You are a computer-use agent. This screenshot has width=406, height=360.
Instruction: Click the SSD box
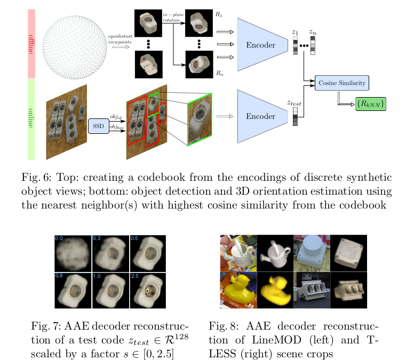pyautogui.click(x=98, y=126)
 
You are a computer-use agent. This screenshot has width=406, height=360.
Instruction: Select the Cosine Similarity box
pyautogui.click(x=341, y=83)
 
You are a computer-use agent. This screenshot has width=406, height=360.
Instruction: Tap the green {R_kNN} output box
pyautogui.click(x=370, y=104)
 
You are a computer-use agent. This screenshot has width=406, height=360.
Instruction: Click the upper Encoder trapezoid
pyautogui.click(x=261, y=45)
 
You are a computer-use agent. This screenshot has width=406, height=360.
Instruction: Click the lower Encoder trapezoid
pyautogui.click(x=261, y=116)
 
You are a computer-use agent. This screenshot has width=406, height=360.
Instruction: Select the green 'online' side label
pyautogui.click(x=30, y=119)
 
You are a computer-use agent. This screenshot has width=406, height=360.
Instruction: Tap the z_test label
pyautogui.click(x=295, y=101)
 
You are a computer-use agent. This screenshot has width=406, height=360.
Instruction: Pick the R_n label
pyautogui.click(x=219, y=73)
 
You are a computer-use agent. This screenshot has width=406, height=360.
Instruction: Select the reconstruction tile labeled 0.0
pyautogui.click(x=73, y=253)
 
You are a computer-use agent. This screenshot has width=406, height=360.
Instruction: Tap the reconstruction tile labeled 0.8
pyautogui.click(x=73, y=290)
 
